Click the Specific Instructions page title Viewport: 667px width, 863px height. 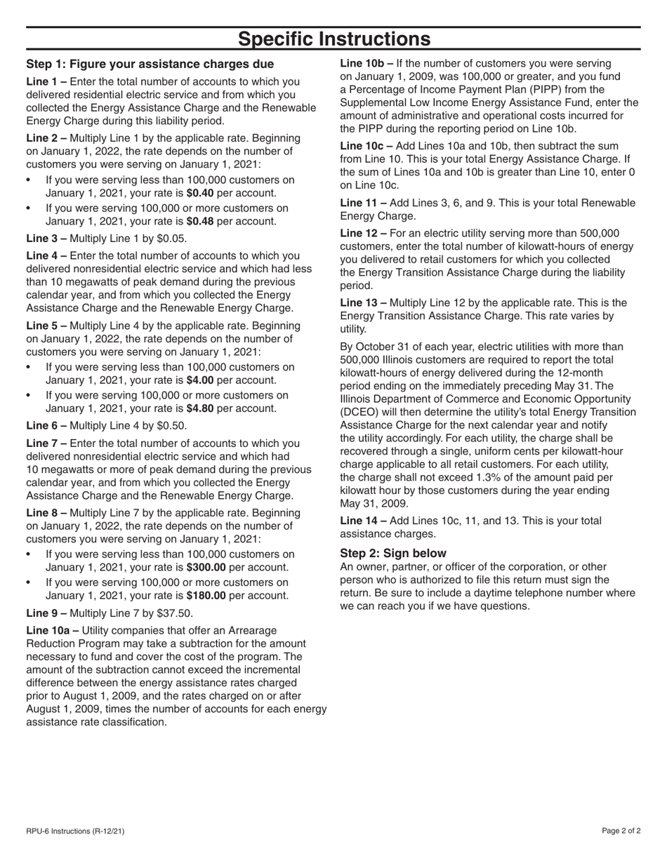(x=333, y=39)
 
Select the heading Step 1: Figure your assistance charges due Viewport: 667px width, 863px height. (x=150, y=65)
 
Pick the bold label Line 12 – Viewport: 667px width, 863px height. (x=364, y=234)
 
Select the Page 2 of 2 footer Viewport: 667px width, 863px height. (x=621, y=831)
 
